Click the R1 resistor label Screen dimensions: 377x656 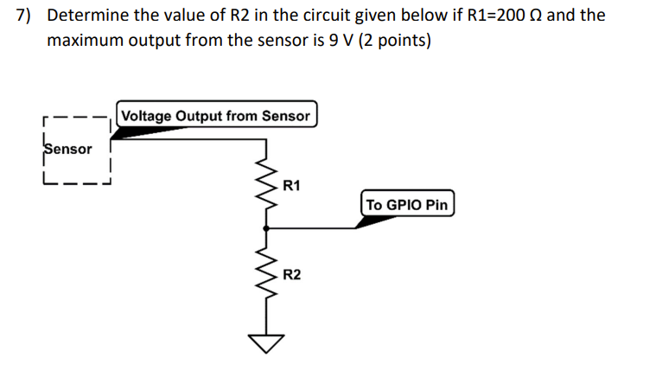[292, 185]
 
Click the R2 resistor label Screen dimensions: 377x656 [292, 274]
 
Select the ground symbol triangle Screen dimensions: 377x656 [266, 345]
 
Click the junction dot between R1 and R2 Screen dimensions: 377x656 [266, 228]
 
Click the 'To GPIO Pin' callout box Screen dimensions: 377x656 [407, 205]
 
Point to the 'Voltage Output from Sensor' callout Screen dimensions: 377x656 [217, 115]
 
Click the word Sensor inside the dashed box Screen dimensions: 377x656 [68, 149]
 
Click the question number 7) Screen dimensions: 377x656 [29, 16]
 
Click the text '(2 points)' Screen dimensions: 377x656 [396, 41]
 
